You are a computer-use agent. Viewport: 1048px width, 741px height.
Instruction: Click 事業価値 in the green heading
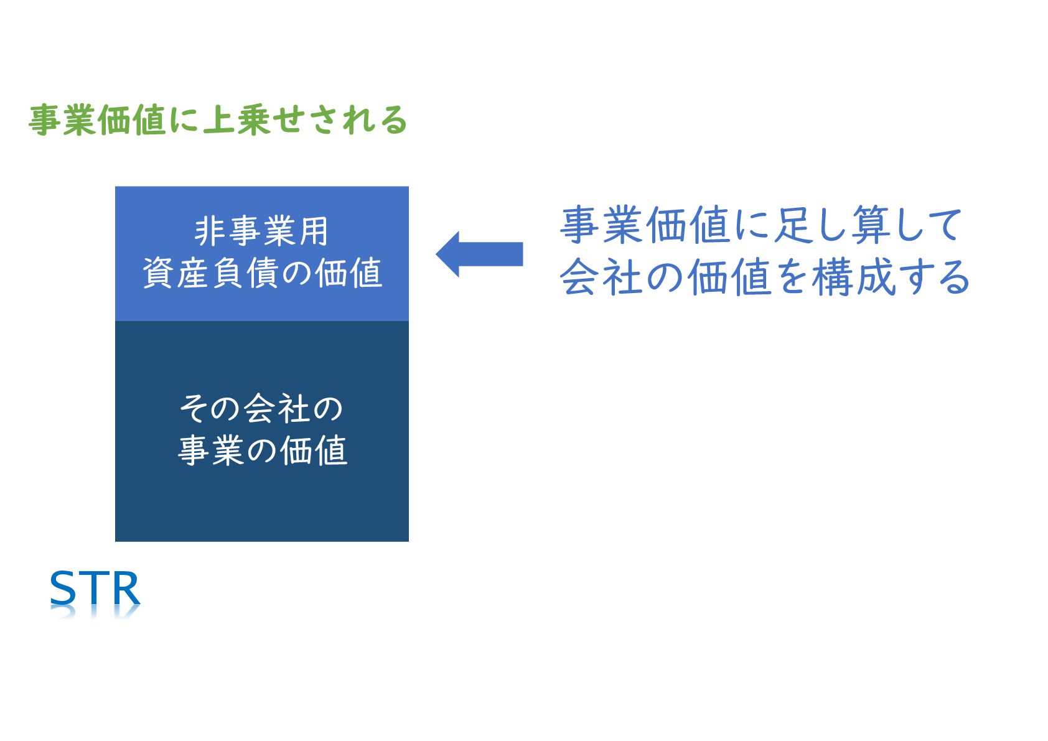point(96,120)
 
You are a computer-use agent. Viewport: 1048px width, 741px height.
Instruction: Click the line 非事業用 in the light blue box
point(261,231)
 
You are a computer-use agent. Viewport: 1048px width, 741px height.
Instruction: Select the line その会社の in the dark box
point(261,409)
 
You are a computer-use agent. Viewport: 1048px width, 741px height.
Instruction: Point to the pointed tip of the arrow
point(438,254)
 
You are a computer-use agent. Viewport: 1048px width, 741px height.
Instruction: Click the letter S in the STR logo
point(63,588)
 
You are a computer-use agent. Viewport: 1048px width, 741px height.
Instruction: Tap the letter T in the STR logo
point(94,588)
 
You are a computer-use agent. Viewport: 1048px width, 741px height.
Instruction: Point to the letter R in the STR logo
point(124,588)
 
